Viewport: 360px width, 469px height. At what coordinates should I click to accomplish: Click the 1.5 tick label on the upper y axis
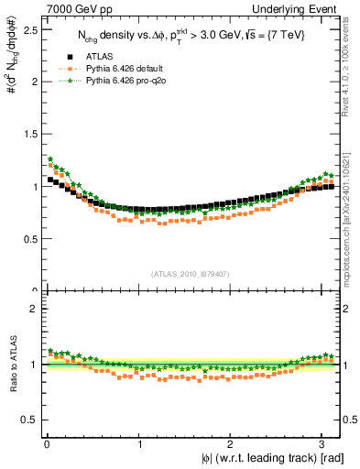[x=29, y=134]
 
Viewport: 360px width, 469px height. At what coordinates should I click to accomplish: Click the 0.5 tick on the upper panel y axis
[x=29, y=239]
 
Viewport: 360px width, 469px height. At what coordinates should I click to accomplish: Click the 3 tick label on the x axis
[x=323, y=444]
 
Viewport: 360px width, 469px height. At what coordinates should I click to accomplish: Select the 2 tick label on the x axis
[x=231, y=444]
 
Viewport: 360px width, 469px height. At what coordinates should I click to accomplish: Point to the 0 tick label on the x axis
[x=47, y=444]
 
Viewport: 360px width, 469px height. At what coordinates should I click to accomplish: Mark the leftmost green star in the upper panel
[x=51, y=158]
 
